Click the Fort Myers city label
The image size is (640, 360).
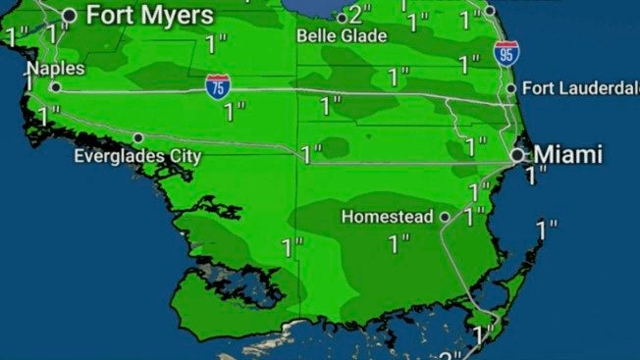point(148,16)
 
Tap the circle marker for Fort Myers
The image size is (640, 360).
point(70,15)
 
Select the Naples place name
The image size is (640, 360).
point(55,69)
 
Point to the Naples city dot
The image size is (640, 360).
point(56,86)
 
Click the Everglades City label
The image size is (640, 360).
point(137,156)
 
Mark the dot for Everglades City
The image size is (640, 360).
point(138,137)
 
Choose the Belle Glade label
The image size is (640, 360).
point(343,35)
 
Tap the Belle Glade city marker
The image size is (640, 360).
point(342,18)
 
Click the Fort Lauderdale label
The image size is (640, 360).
point(580,88)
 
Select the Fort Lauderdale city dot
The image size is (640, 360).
point(510,88)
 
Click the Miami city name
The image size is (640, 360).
point(567,154)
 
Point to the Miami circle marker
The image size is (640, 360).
point(517,155)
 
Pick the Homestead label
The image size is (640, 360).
point(388,217)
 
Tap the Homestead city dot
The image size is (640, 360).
point(445,217)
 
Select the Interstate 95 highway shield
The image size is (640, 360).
point(507,53)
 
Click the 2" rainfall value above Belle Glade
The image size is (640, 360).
point(361,16)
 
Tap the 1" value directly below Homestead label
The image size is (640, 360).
point(399,244)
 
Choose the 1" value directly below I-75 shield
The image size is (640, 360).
point(234,112)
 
